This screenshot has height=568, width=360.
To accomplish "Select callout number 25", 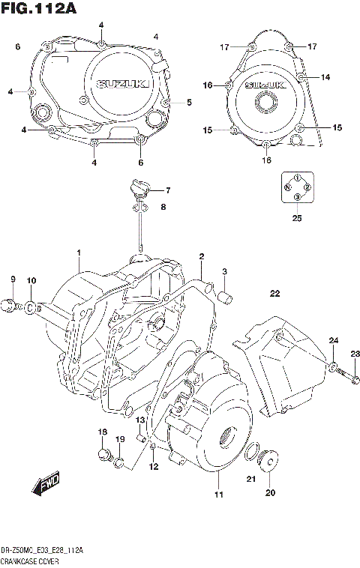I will coord(297,218).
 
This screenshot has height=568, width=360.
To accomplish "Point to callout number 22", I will coord(274,293).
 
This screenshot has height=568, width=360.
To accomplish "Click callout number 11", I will coord(218,495).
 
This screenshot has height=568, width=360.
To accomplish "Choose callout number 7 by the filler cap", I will coord(167,190).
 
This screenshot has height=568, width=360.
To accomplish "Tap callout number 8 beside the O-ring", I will coord(12,280).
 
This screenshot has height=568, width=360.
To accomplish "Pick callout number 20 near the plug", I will coord(270,492).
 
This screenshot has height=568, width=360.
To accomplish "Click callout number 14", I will coord(325,77).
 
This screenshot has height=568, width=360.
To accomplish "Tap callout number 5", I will coord(189,102).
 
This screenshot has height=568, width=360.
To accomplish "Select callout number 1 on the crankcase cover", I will coord(78,253).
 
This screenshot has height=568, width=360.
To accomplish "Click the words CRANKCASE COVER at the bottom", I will coord(31,561).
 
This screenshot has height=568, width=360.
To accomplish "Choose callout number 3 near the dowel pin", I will coord(223,271).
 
